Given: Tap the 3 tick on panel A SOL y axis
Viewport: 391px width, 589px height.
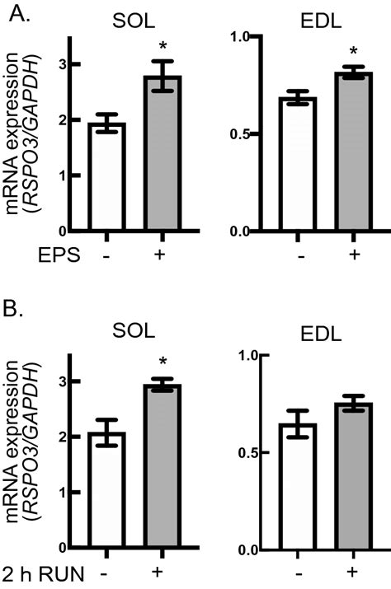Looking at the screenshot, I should coord(75,64).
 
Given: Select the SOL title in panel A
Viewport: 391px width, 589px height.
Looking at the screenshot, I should coord(134,16).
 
